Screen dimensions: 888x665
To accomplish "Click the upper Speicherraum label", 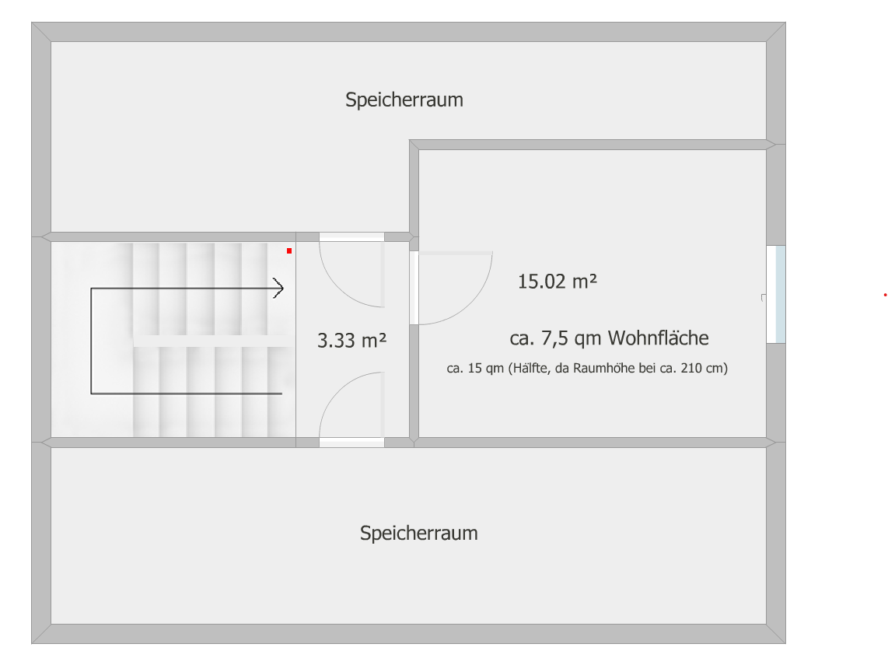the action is click(x=404, y=100).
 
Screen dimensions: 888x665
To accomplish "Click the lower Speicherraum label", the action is click(x=419, y=533).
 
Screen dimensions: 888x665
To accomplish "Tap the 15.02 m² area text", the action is click(x=558, y=281).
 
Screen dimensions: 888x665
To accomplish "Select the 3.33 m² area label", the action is click(x=351, y=341).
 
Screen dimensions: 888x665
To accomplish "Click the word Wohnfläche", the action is click(x=658, y=338).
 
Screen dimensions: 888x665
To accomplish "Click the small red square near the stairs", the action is click(x=289, y=251).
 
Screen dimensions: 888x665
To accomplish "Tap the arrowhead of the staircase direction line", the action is click(x=278, y=289).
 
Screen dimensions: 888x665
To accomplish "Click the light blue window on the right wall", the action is click(x=776, y=294).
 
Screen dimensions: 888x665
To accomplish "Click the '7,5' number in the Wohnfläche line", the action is click(x=555, y=338).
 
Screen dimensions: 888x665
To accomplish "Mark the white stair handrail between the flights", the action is click(x=213, y=341).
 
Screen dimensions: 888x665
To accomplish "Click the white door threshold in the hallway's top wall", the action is click(x=351, y=236).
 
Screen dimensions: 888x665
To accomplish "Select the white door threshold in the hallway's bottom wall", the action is click(x=351, y=443).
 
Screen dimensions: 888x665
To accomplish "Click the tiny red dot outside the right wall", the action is click(x=885, y=295).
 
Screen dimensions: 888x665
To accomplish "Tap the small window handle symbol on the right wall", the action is click(x=764, y=297).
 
